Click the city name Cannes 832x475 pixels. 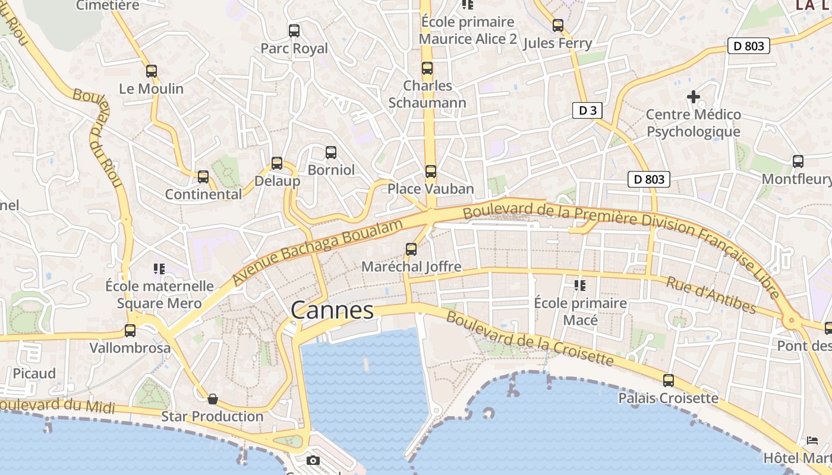pos(332,310)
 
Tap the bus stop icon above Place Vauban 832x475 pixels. pos(431,172)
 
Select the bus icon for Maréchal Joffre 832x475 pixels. pos(411,249)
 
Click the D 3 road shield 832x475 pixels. pos(587,110)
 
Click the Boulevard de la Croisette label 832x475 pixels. pos(529,338)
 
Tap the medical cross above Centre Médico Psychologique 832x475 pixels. pos(694,96)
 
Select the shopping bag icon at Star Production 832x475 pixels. pos(212,399)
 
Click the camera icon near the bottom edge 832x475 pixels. pos(313,460)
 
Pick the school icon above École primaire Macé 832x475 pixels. pos(580,286)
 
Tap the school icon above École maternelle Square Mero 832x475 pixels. pos(159,269)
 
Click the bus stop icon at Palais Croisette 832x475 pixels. pos(669,381)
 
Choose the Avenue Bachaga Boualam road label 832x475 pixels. pos(318,252)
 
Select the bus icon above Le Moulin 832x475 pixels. pos(152,71)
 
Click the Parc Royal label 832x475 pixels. pos(294,49)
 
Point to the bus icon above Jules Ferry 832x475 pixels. pos(557,26)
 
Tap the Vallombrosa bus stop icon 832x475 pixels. pos(130,331)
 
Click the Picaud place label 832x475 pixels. pos(34,373)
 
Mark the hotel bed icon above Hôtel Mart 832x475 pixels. pos(812,441)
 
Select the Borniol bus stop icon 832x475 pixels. pos(331,153)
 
